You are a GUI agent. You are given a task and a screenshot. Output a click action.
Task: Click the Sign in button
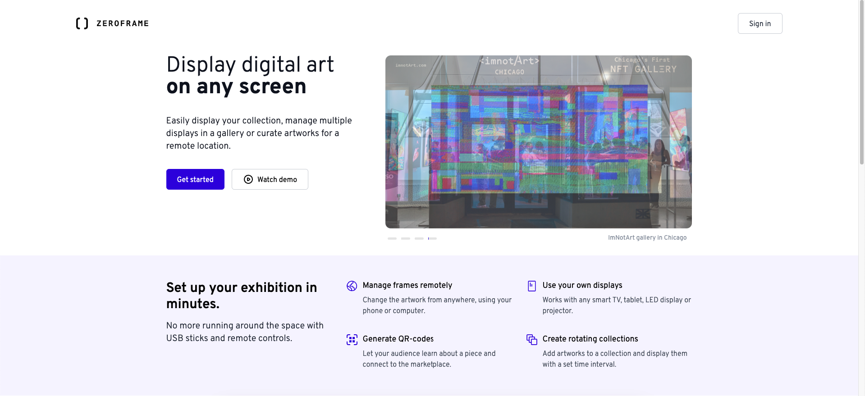(760, 23)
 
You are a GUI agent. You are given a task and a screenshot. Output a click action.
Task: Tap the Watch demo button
(270, 179)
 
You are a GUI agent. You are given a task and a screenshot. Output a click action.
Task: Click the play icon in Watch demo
(248, 179)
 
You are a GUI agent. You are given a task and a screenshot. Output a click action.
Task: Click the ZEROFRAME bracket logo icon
(82, 23)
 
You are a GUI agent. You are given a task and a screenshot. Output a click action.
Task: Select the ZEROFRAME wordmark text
(123, 23)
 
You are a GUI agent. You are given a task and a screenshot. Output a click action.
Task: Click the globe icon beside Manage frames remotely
(352, 286)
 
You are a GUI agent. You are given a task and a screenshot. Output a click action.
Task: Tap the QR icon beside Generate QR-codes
(352, 340)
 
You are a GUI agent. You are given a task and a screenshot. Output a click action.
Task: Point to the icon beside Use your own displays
(532, 286)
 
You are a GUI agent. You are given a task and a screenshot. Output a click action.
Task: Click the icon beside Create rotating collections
(532, 340)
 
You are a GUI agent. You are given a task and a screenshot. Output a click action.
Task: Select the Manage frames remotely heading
(407, 285)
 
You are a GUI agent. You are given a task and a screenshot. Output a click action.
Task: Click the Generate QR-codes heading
(398, 339)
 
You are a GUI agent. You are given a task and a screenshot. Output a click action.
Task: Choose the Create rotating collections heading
(590, 339)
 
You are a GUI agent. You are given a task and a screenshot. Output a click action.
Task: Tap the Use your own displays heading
(582, 285)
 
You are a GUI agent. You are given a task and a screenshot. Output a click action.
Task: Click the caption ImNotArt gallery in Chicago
(647, 237)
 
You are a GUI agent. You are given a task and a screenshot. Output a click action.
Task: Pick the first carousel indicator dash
(392, 238)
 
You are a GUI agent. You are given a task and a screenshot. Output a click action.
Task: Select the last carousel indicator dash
(433, 238)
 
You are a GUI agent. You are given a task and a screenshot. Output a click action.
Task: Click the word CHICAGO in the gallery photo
(509, 72)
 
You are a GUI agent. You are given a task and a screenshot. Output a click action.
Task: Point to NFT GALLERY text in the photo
(643, 69)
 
